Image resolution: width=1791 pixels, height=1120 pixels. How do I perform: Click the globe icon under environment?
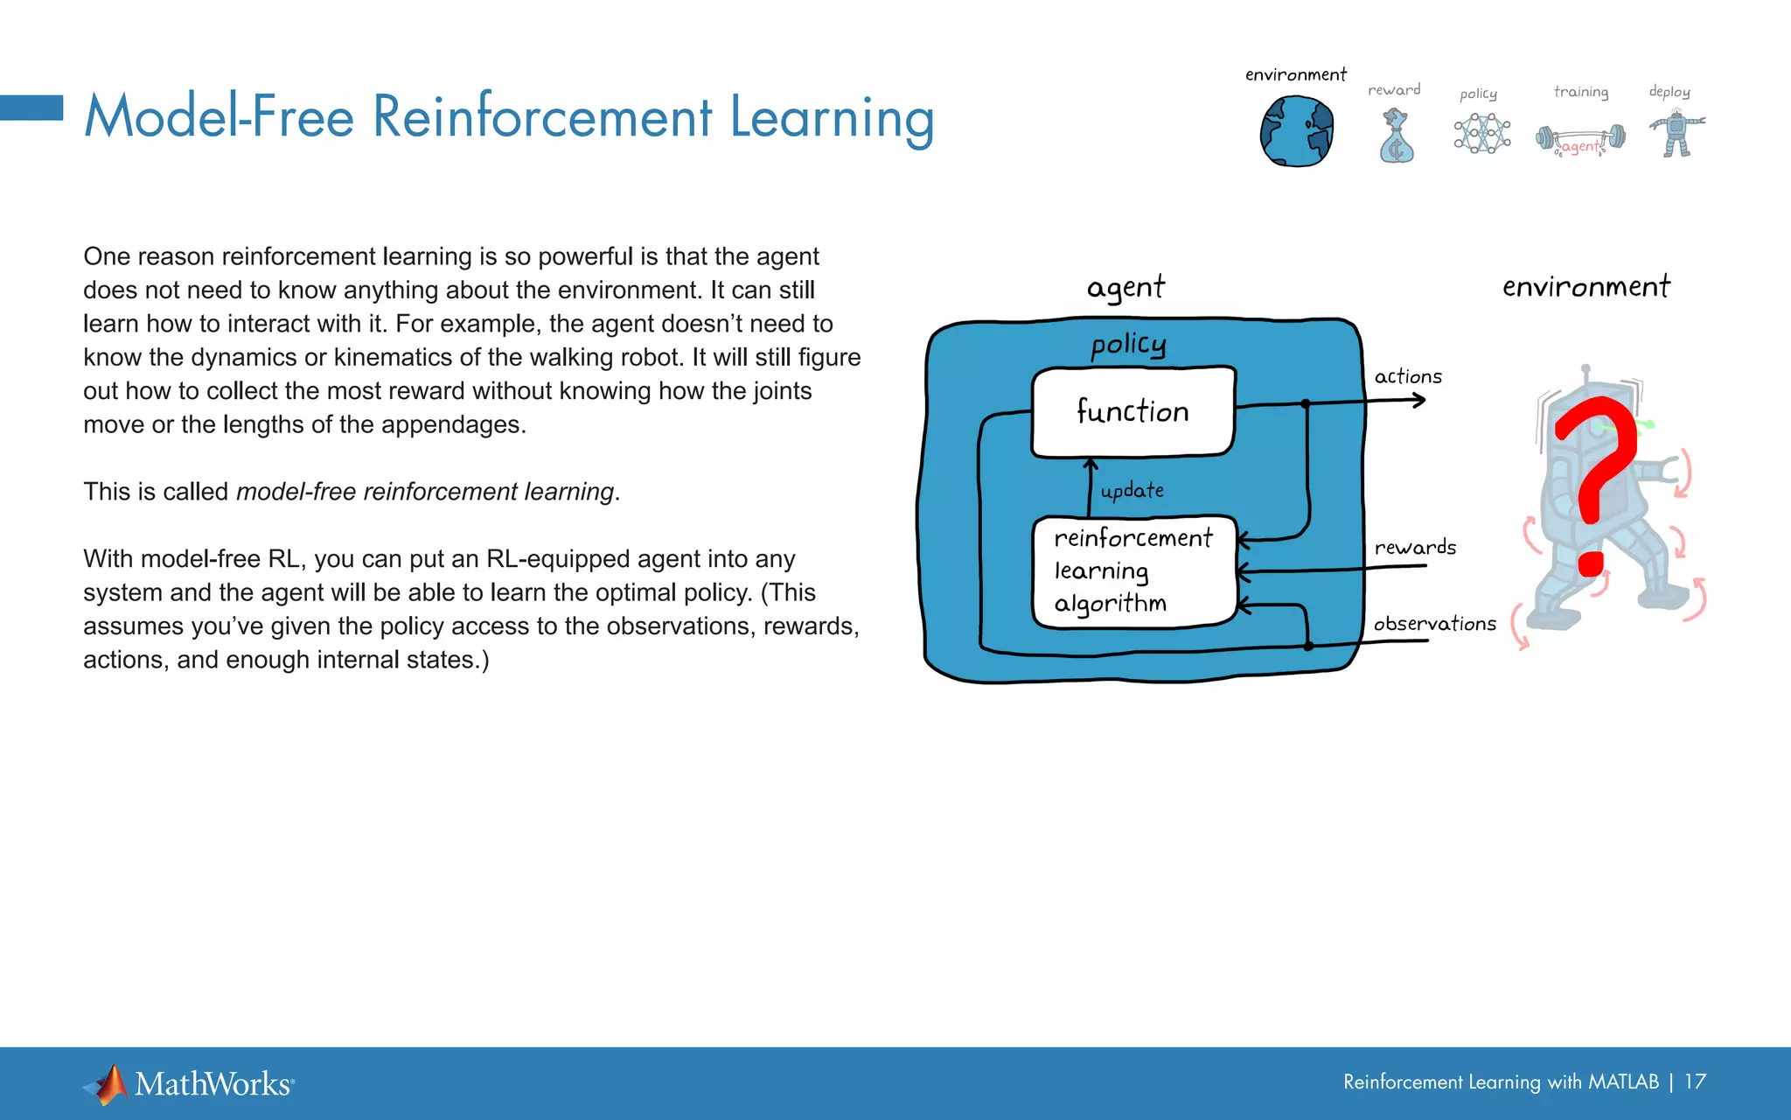coord(1296,131)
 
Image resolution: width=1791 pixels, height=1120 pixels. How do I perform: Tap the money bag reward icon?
coord(1396,137)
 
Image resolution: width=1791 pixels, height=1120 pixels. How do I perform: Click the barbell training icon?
coord(1581,139)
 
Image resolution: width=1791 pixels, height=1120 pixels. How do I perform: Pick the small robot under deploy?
coord(1676,134)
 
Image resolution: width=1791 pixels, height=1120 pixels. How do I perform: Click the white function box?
coord(1133,412)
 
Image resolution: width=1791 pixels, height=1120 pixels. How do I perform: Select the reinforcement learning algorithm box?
coord(1134,571)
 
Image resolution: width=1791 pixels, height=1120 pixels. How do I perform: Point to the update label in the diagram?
coord(1132,491)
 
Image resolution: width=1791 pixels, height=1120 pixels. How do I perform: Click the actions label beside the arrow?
coord(1408,376)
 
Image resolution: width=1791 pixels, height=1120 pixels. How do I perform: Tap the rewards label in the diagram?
coord(1415,548)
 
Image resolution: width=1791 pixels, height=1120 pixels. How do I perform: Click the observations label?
coord(1434,624)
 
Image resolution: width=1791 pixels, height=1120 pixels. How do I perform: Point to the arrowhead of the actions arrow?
coord(1421,401)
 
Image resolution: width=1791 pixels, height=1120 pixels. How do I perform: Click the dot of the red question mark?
coord(1592,564)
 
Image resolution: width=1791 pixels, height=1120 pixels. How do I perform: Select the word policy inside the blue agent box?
coord(1128,345)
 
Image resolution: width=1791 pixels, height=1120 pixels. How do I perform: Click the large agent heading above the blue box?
coord(1125,288)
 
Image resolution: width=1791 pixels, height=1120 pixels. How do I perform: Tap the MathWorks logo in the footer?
coord(189,1084)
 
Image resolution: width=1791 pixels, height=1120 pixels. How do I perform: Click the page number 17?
coord(1695,1082)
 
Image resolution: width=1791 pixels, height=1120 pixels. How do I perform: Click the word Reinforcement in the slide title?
coord(542,117)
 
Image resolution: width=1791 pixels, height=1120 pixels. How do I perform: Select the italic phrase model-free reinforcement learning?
coord(425,492)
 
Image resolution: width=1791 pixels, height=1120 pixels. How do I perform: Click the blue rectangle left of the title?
coord(31,108)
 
